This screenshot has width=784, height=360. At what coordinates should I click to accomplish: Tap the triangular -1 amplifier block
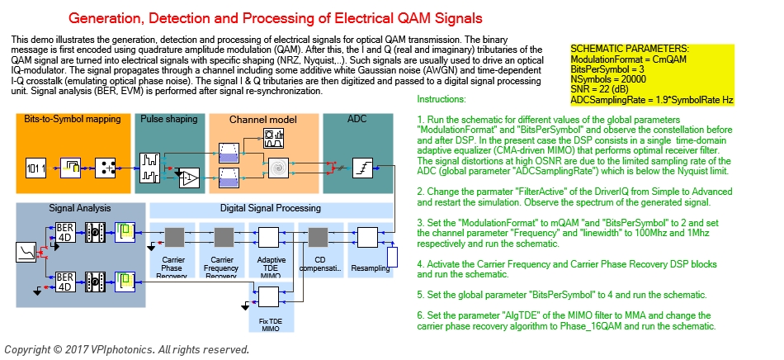click(189, 177)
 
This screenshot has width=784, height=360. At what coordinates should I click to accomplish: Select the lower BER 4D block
click(66, 282)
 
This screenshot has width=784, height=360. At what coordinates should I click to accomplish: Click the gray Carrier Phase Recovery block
click(173, 237)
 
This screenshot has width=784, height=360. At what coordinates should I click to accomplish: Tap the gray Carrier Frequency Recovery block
click(222, 237)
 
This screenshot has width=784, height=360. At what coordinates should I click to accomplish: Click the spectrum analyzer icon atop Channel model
click(272, 135)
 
